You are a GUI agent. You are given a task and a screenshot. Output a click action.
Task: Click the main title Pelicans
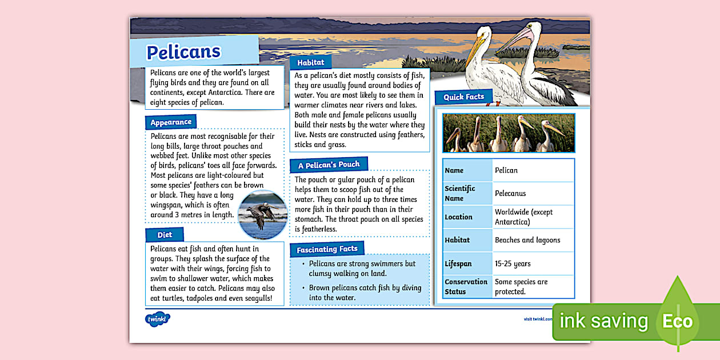pos(183,52)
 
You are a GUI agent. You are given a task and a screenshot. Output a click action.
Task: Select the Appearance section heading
pos(171,122)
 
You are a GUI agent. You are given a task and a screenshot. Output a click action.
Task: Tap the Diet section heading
pos(165,235)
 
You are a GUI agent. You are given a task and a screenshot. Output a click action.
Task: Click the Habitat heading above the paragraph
pos(310,62)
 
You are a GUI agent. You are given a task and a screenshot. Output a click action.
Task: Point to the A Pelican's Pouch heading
pos(329,165)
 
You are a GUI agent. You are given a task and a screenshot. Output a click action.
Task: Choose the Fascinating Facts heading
pos(327,249)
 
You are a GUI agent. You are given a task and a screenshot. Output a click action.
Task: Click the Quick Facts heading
pos(463,97)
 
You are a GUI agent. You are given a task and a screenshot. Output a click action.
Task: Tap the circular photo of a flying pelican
pos(262,214)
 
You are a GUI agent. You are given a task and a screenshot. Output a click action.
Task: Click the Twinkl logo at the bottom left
pos(158,319)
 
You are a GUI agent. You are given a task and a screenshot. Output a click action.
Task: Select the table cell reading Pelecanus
pos(510,194)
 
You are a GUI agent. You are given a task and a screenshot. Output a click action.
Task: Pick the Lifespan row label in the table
pos(459,263)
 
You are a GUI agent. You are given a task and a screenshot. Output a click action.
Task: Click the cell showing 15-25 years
pos(513,263)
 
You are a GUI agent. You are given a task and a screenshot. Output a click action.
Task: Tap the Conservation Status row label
pos(466,286)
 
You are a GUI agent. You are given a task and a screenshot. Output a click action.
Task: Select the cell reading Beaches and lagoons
pos(527,240)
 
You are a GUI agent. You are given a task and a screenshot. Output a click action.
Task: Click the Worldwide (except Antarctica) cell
pos(524,217)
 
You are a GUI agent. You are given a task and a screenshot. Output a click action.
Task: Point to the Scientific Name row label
pos(460,193)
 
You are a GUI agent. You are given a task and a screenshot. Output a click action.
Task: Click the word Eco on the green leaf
pos(677,321)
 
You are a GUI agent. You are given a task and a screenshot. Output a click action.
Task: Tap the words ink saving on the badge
pos(603,321)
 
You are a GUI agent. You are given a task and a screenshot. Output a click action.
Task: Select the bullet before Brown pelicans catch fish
pos(302,288)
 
